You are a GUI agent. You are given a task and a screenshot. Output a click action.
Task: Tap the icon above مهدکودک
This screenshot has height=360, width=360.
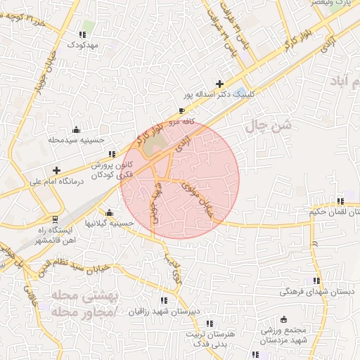pyautogui.click(x=84, y=34)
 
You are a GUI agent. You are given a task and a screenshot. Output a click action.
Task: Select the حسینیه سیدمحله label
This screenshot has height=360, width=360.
pyautogui.click(x=77, y=140)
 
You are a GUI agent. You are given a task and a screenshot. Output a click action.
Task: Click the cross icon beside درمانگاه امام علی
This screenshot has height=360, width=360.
pyautogui.click(x=57, y=170)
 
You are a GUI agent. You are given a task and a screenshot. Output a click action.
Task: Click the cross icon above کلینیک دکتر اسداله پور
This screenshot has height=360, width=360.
pyautogui.click(x=220, y=84)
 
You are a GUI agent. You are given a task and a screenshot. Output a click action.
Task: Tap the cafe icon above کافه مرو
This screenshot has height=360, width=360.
pyautogui.click(x=182, y=111)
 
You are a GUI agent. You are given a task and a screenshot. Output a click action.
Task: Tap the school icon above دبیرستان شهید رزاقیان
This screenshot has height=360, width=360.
pyautogui.click(x=164, y=300)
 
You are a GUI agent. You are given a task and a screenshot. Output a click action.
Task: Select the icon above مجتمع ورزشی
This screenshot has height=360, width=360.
pyautogui.click(x=283, y=319)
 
